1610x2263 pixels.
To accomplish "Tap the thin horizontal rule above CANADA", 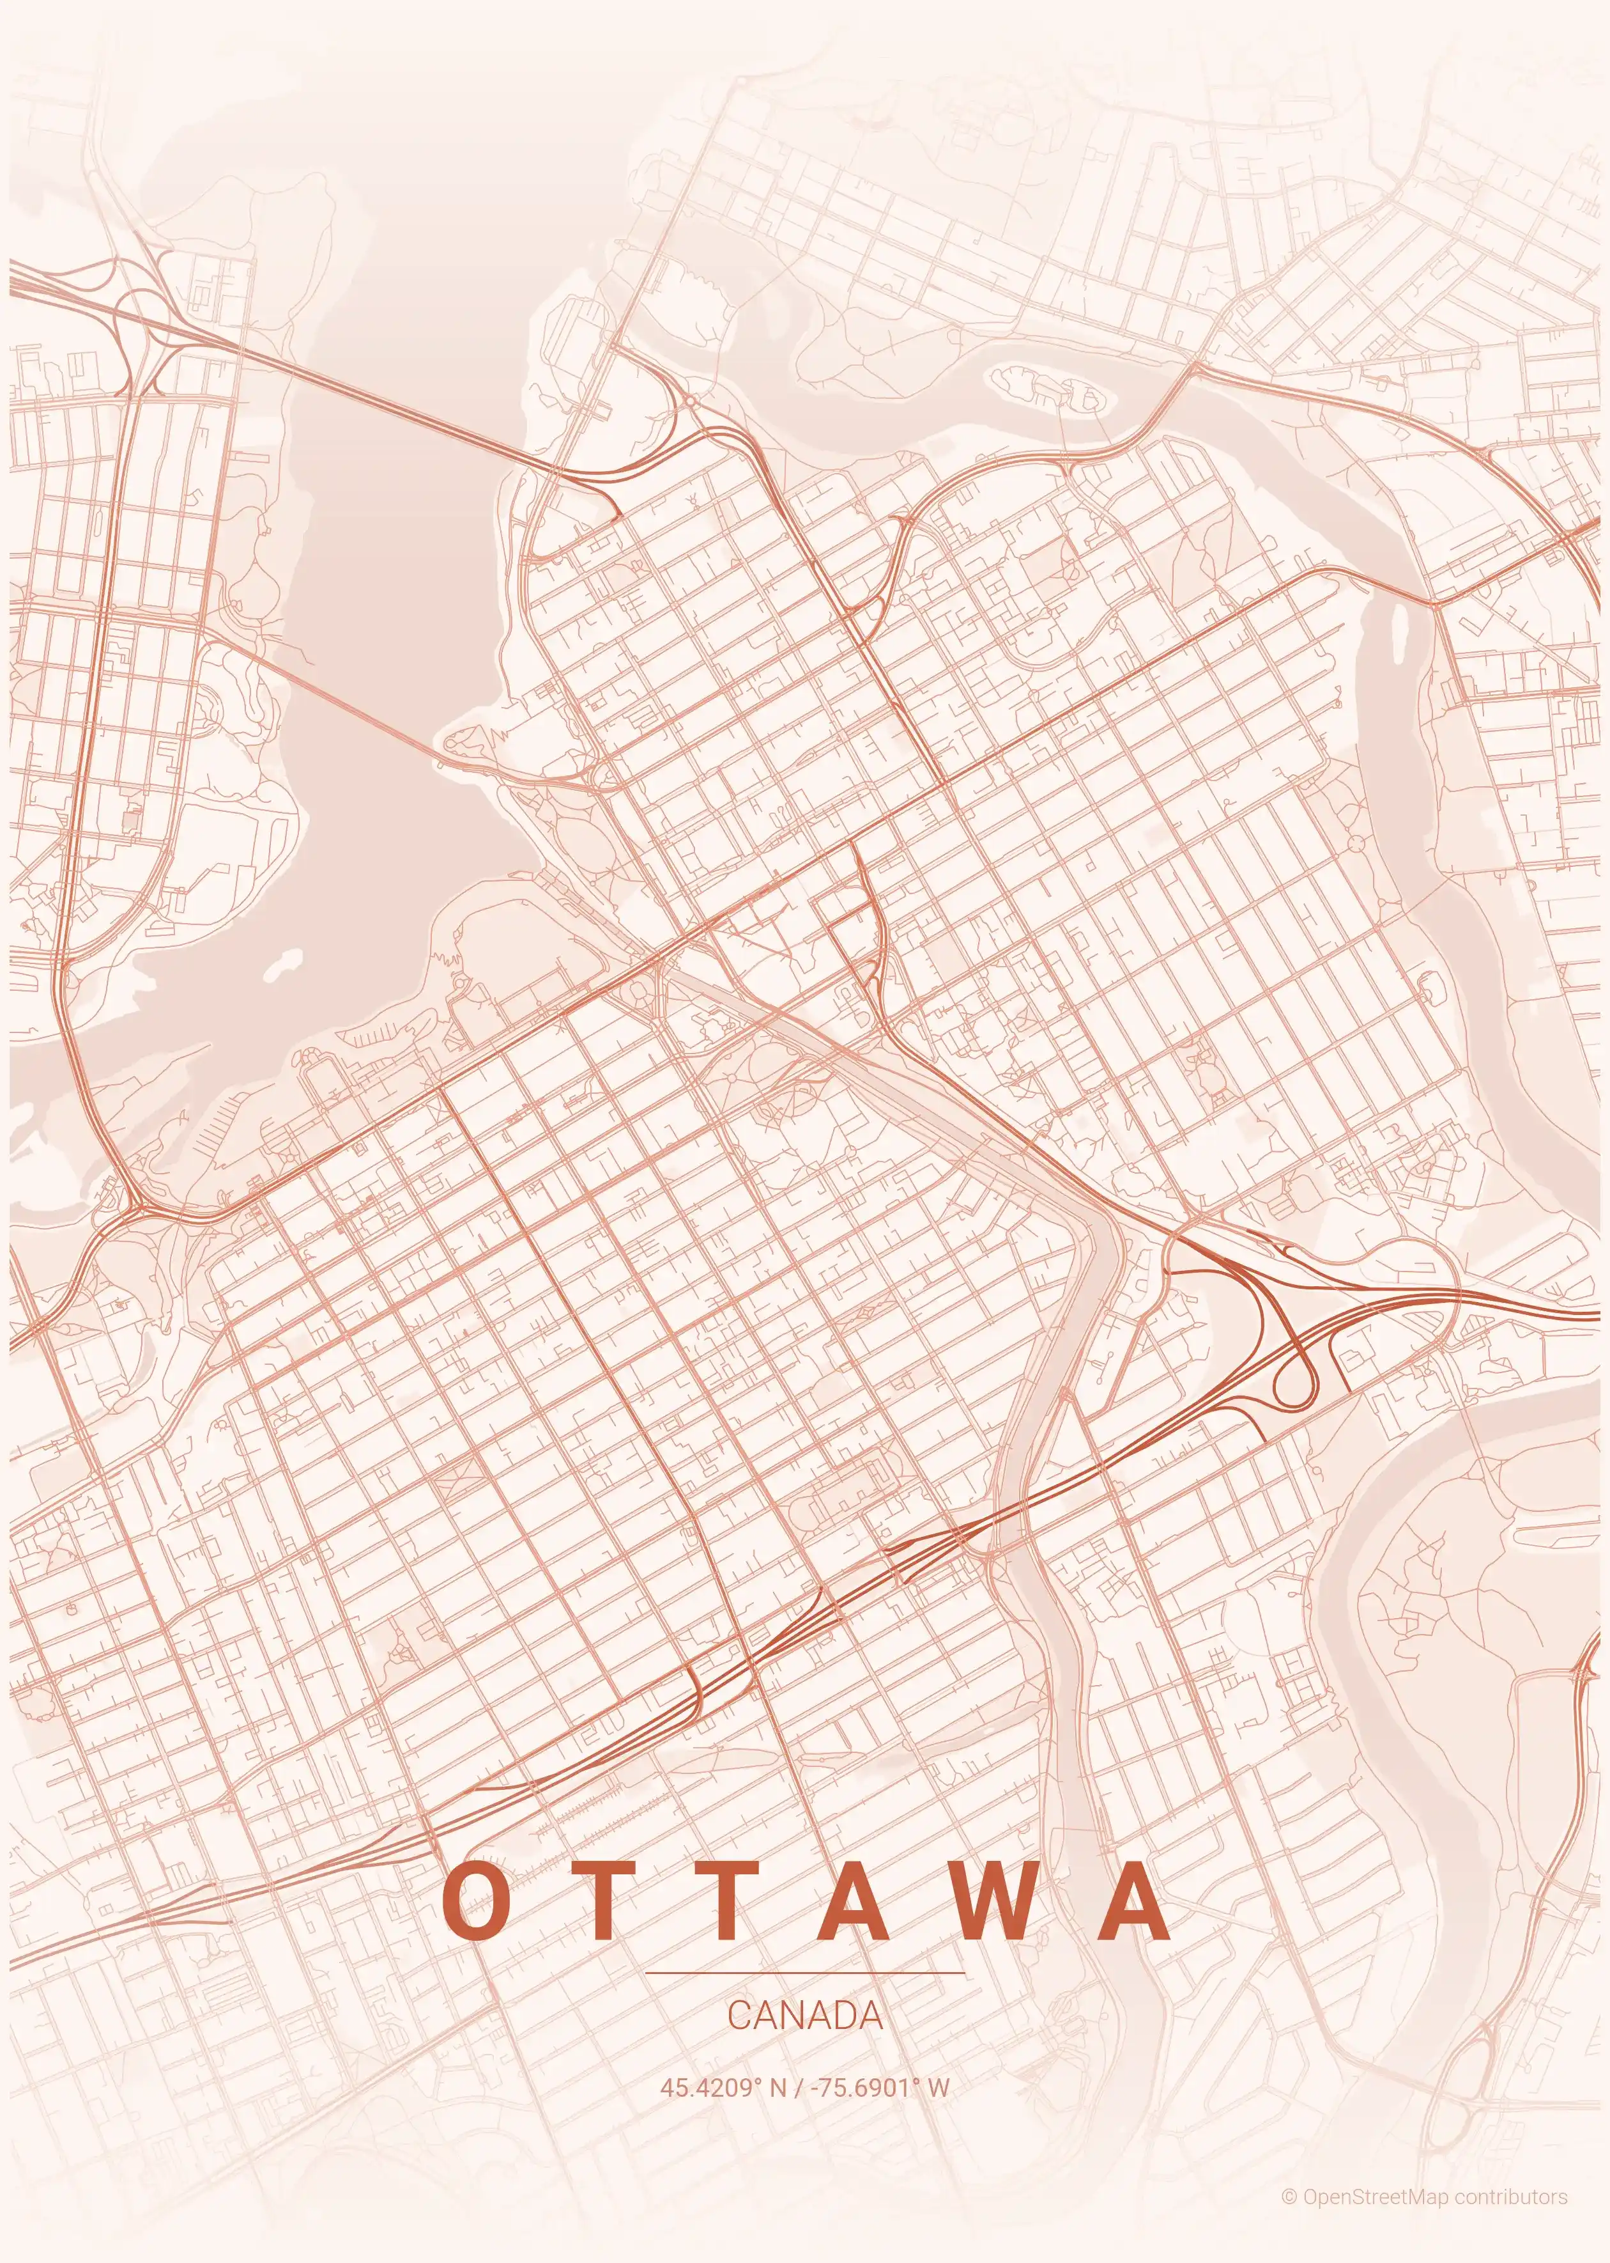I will (804, 1973).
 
